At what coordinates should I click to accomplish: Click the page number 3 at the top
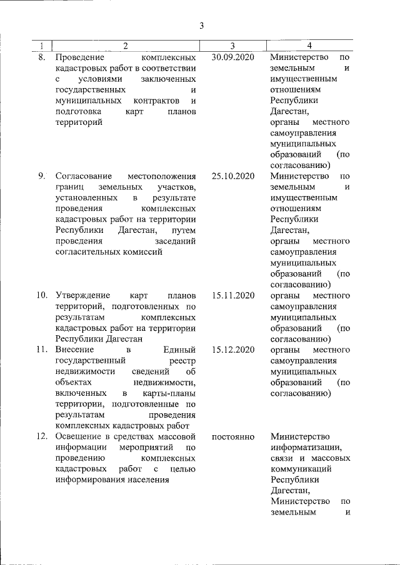(202, 26)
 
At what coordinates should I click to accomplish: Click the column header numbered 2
(125, 46)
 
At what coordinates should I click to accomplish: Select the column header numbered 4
(310, 46)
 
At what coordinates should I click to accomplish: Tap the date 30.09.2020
(233, 57)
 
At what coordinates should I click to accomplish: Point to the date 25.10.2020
(233, 176)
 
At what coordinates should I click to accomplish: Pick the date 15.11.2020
(233, 295)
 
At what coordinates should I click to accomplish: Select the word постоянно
(233, 436)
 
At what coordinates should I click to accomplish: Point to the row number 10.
(41, 295)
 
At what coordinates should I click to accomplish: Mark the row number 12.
(41, 436)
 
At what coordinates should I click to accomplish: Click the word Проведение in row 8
(79, 57)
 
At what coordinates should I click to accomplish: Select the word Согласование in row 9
(86, 176)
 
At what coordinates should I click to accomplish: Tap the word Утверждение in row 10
(83, 295)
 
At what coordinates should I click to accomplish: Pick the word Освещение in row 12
(80, 436)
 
